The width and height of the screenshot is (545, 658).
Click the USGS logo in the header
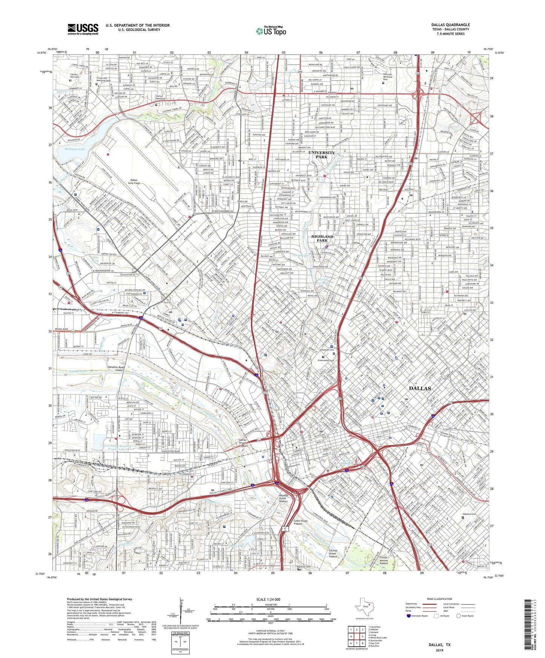[83, 29]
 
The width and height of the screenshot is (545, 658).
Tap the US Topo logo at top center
[271, 31]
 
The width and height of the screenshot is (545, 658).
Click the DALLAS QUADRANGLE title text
[450, 25]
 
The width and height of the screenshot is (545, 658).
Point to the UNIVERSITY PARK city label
[321, 155]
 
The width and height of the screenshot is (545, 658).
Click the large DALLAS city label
[420, 388]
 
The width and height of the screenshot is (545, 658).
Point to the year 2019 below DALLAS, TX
[439, 650]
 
